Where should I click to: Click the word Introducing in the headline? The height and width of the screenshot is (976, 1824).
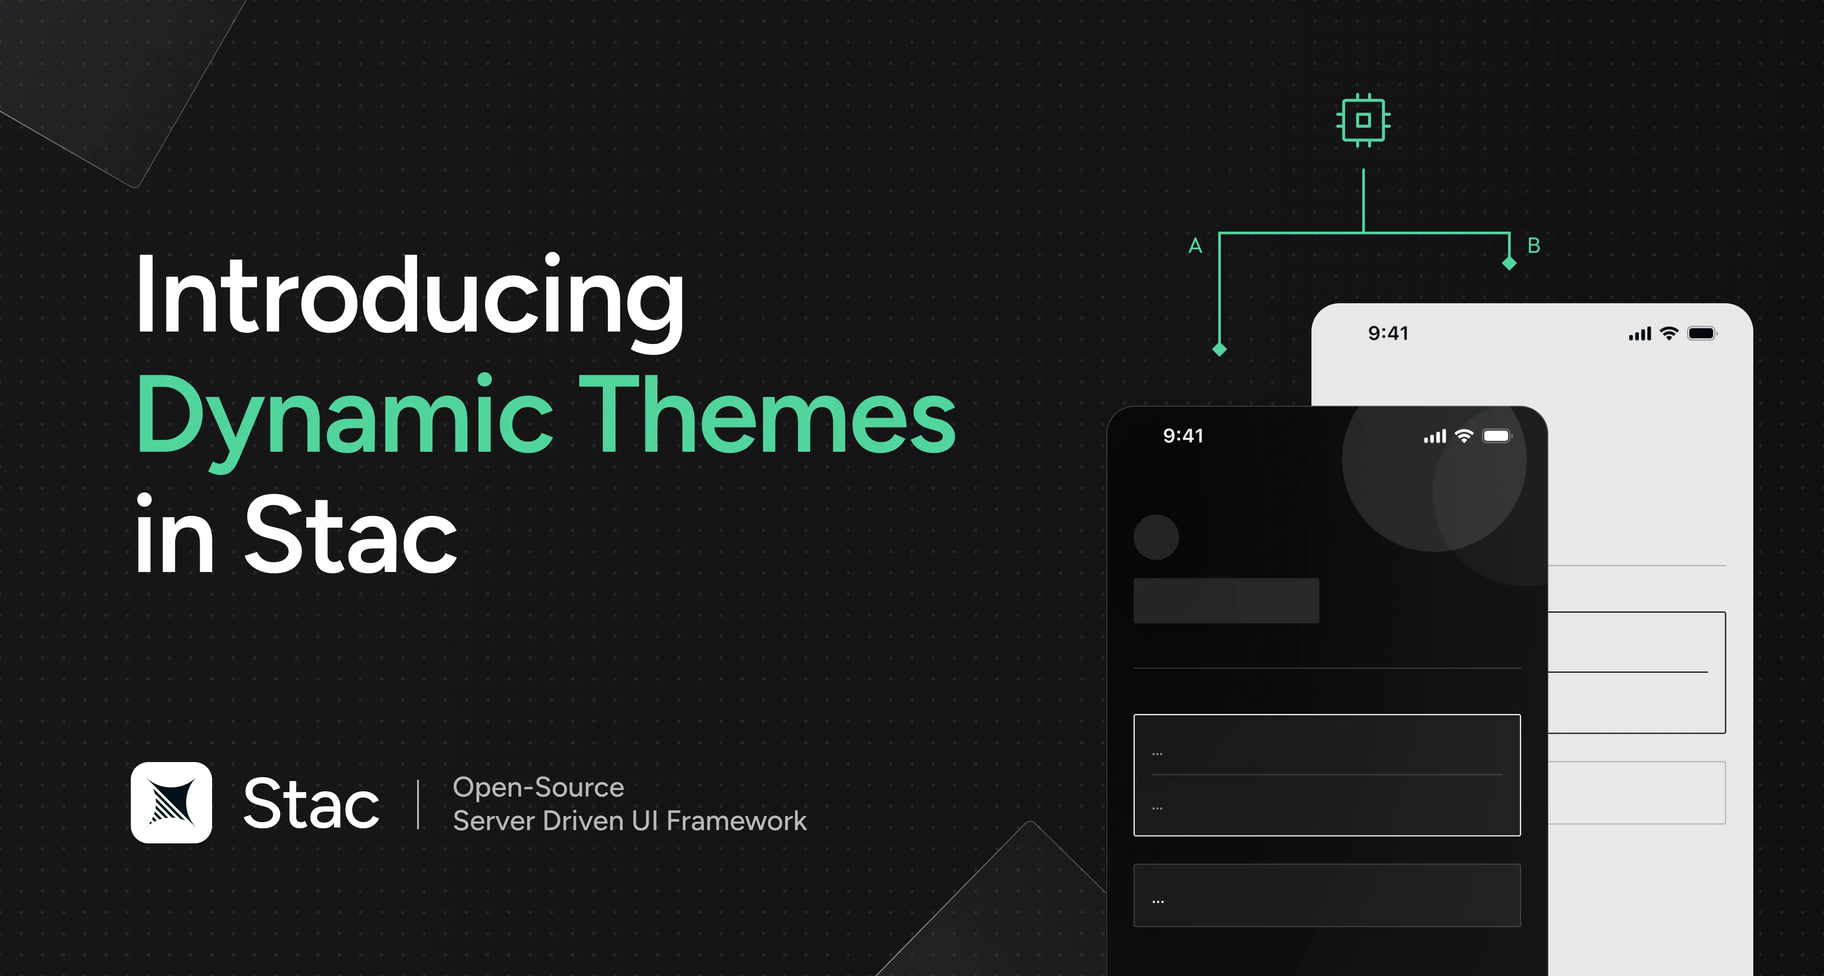pyautogui.click(x=409, y=297)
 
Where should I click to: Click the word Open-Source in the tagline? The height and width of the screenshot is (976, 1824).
pyautogui.click(x=538, y=787)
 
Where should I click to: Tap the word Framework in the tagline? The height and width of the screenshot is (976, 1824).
pyautogui.click(x=737, y=821)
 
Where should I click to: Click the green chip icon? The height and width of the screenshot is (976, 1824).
pyautogui.click(x=1363, y=120)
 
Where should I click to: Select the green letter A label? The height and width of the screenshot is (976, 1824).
pyautogui.click(x=1195, y=246)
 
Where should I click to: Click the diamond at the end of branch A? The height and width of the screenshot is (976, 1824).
pyautogui.click(x=1219, y=349)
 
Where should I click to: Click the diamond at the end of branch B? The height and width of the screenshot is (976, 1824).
pyautogui.click(x=1509, y=263)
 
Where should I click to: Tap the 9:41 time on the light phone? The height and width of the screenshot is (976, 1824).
pyautogui.click(x=1388, y=333)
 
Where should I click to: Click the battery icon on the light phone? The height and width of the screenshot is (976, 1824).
pyautogui.click(x=1702, y=333)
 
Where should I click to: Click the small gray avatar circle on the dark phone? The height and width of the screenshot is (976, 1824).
pyautogui.click(x=1155, y=537)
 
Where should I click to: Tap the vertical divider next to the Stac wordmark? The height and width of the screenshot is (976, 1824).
pyautogui.click(x=418, y=804)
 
